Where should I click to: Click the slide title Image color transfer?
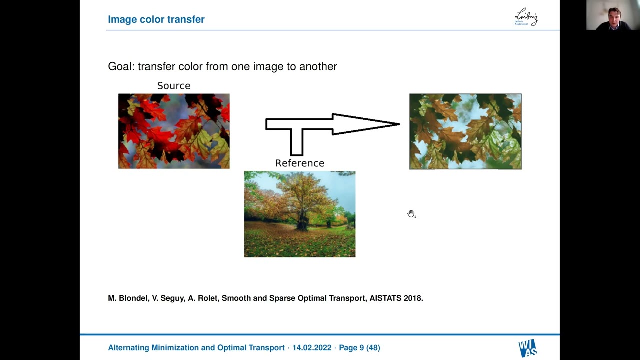pyautogui.click(x=156, y=19)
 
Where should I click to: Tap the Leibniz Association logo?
pyautogui.click(x=526, y=17)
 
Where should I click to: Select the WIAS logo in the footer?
pyautogui.click(x=527, y=348)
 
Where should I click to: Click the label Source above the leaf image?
pyautogui.click(x=174, y=86)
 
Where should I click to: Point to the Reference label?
pyautogui.click(x=299, y=163)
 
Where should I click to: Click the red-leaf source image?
pyautogui.click(x=174, y=131)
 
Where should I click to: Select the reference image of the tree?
pyautogui.click(x=299, y=214)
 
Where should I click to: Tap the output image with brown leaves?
pyautogui.click(x=465, y=131)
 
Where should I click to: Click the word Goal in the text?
pyautogui.click(x=120, y=66)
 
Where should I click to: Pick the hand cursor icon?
pyautogui.click(x=411, y=214)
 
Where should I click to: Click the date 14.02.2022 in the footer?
pyautogui.click(x=312, y=348)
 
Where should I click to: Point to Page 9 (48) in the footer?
pyautogui.click(x=359, y=348)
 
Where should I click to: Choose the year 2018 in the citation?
pyautogui.click(x=413, y=298)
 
